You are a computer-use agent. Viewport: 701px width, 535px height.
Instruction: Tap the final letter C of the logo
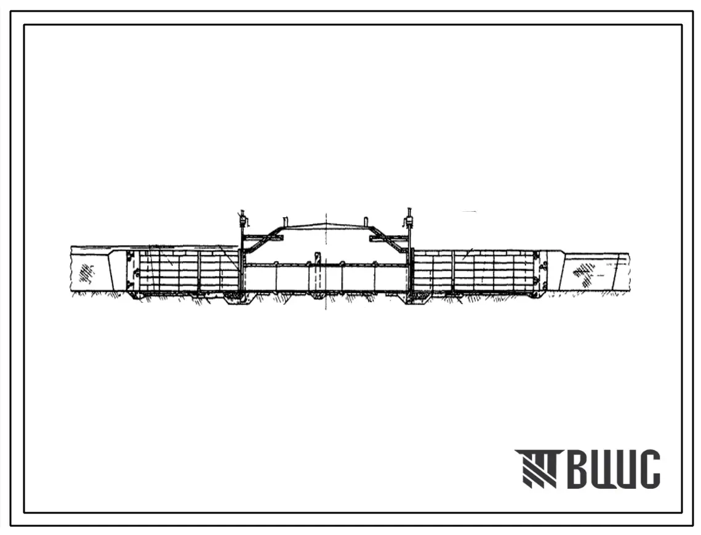tap(648, 469)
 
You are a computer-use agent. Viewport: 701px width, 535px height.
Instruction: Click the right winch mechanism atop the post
tap(409, 219)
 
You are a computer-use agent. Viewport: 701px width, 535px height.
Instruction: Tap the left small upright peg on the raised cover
tap(285, 222)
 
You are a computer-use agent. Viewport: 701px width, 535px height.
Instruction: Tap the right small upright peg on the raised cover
tap(365, 222)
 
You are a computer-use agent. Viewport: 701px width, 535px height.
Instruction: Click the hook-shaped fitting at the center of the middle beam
tap(317, 258)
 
